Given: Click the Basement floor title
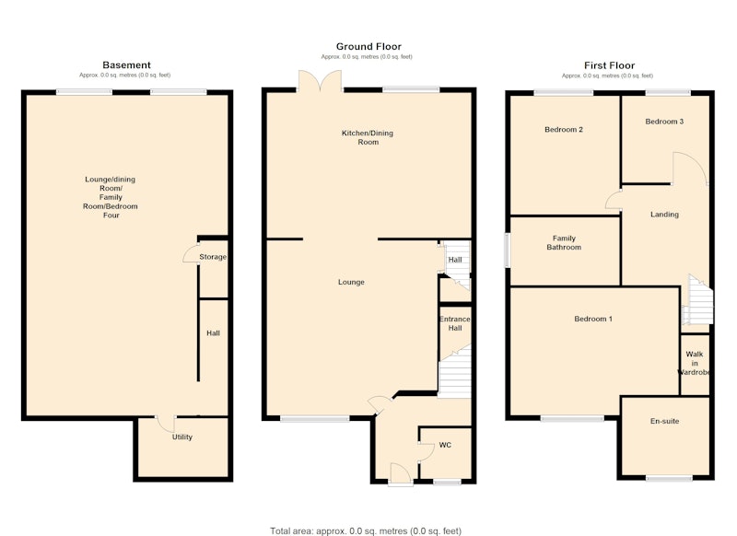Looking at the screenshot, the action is coord(126,64).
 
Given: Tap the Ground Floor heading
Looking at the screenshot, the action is coord(368,46).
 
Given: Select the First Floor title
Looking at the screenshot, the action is coord(609,65).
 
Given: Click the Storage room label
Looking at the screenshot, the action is coord(213,257).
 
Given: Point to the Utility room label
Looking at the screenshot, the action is coord(181,437).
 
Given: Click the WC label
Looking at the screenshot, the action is coord(445,445).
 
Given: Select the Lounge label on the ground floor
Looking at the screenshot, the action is coord(351,282).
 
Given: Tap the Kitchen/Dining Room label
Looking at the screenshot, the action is coord(368,137).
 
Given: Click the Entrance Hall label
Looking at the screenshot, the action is coord(454,323).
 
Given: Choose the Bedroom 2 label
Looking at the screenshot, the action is coord(564,130).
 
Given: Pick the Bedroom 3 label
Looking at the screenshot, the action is coord(664,122).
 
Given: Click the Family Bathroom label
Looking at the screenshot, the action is coord(564,242).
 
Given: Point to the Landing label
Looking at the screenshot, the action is coord(664,215).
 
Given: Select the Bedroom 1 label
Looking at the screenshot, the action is coord(593,319).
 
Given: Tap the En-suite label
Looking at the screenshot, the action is coord(664,421).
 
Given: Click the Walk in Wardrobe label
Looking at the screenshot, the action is coord(694,363).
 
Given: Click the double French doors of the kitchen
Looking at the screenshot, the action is coord(320,80).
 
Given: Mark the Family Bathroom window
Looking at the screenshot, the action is coord(508,251).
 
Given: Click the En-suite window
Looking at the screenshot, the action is coord(669,478).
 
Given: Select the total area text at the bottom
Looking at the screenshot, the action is coord(366,530).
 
